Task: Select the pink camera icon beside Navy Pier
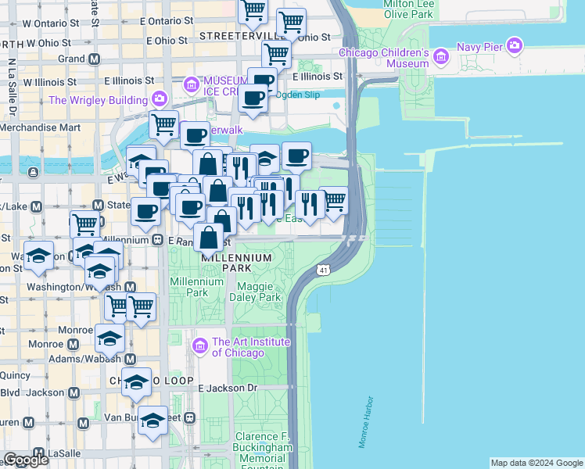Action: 514,45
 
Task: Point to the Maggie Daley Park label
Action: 259,292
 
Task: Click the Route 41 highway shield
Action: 323,270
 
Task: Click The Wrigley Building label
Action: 98,99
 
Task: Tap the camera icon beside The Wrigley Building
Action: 160,98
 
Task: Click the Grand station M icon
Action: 94,59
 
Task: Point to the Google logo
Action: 27,460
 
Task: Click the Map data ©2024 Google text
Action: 537,463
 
